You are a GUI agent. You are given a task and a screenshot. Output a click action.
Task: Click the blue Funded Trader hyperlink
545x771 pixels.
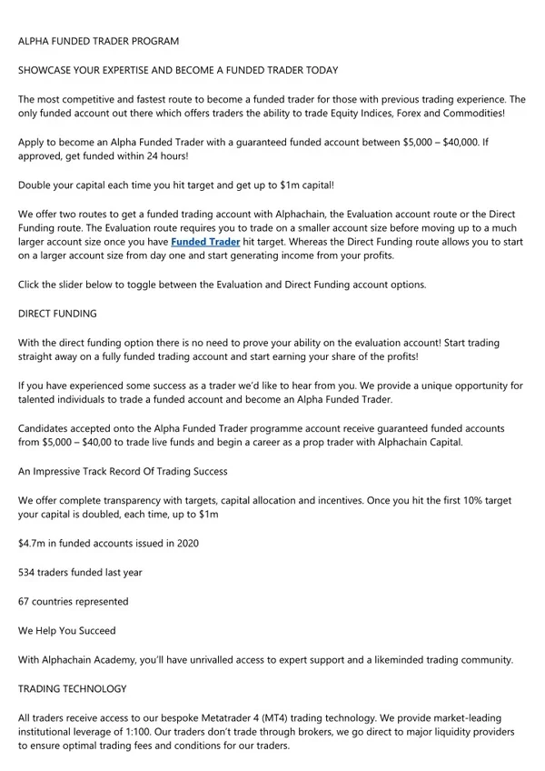pyautogui.click(x=205, y=243)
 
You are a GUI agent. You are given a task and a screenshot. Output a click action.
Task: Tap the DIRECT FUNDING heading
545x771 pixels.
pyautogui.click(x=57, y=313)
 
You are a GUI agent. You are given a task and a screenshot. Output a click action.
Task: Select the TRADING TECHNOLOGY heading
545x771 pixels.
pyautogui.click(x=73, y=688)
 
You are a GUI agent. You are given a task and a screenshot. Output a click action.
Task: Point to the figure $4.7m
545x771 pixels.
pyautogui.click(x=35, y=543)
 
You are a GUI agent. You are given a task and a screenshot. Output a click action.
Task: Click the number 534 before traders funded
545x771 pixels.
pyautogui.click(x=28, y=572)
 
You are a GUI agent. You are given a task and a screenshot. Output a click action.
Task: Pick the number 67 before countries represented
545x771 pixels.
pyautogui.click(x=25, y=601)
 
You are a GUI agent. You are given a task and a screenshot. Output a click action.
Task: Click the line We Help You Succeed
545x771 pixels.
pyautogui.click(x=66, y=630)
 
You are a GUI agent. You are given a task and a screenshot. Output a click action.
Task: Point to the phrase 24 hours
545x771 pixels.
pyautogui.click(x=163, y=156)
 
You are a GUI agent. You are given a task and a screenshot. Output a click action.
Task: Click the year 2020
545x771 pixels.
pyautogui.click(x=183, y=543)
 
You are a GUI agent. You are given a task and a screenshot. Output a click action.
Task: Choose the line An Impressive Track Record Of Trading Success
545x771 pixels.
pyautogui.click(x=123, y=471)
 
